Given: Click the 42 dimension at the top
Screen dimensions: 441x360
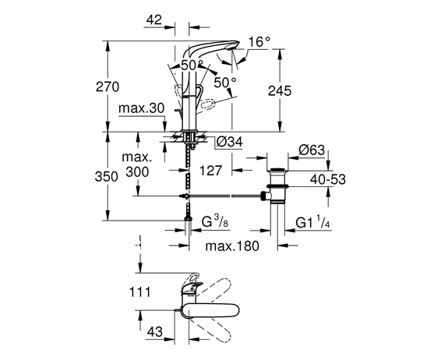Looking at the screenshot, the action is coord(154,19).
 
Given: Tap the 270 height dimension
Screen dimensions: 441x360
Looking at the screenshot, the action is coord(108,86).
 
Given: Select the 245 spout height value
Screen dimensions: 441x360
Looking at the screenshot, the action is coord(280,90).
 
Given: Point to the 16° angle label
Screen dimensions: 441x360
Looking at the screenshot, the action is coord(259,42).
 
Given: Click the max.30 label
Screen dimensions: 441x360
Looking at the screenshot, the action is coord(141,108).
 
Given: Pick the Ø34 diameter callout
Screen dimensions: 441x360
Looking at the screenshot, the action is coord(230,142).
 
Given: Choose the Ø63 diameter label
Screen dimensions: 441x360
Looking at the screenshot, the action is coord(312,150).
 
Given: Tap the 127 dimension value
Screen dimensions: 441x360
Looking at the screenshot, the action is coord(211,171).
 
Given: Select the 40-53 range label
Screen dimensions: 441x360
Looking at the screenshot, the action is coord(328,179).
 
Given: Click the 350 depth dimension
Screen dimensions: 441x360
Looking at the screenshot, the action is coord(106,177).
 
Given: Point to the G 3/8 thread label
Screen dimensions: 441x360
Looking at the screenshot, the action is coord(215,221).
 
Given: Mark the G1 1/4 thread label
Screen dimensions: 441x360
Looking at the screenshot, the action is coord(312,222).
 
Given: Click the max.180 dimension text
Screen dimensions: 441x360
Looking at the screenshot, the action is coord(232,246).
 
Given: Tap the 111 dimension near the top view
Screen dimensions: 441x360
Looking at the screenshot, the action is coord(139,292).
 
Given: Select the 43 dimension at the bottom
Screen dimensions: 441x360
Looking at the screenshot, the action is coord(155,332).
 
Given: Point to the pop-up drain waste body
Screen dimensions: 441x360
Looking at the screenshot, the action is coord(277,185).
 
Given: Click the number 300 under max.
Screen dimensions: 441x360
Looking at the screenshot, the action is coord(137,171).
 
